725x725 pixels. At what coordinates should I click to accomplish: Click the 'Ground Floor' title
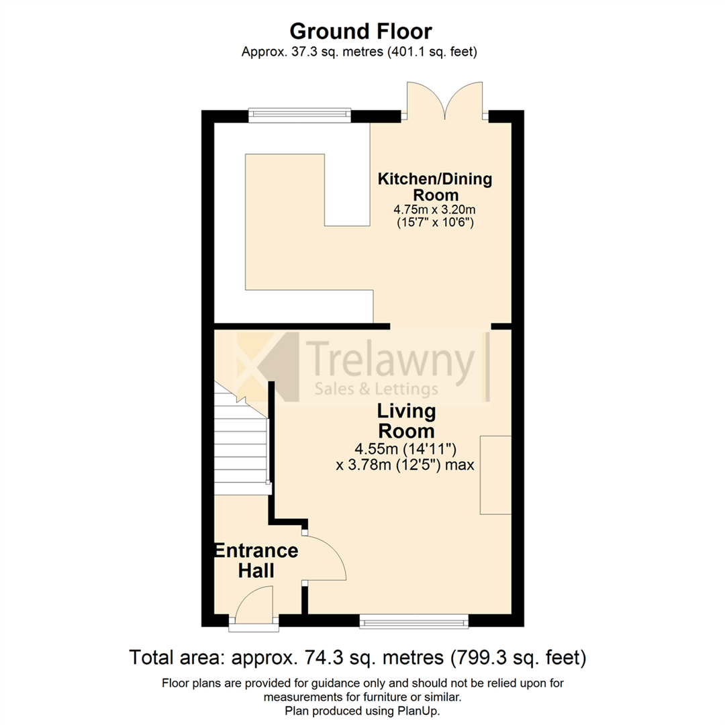pos(360,31)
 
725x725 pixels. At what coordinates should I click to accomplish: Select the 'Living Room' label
pos(406,420)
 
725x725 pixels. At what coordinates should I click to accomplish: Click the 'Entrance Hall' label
pos(255,561)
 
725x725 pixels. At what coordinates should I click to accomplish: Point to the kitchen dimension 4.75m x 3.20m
pos(434,209)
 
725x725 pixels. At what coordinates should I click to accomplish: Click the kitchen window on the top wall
pos(299,115)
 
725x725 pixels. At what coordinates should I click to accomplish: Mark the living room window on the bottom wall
pos(414,622)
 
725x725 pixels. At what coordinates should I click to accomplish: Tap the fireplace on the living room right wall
pos(495,475)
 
